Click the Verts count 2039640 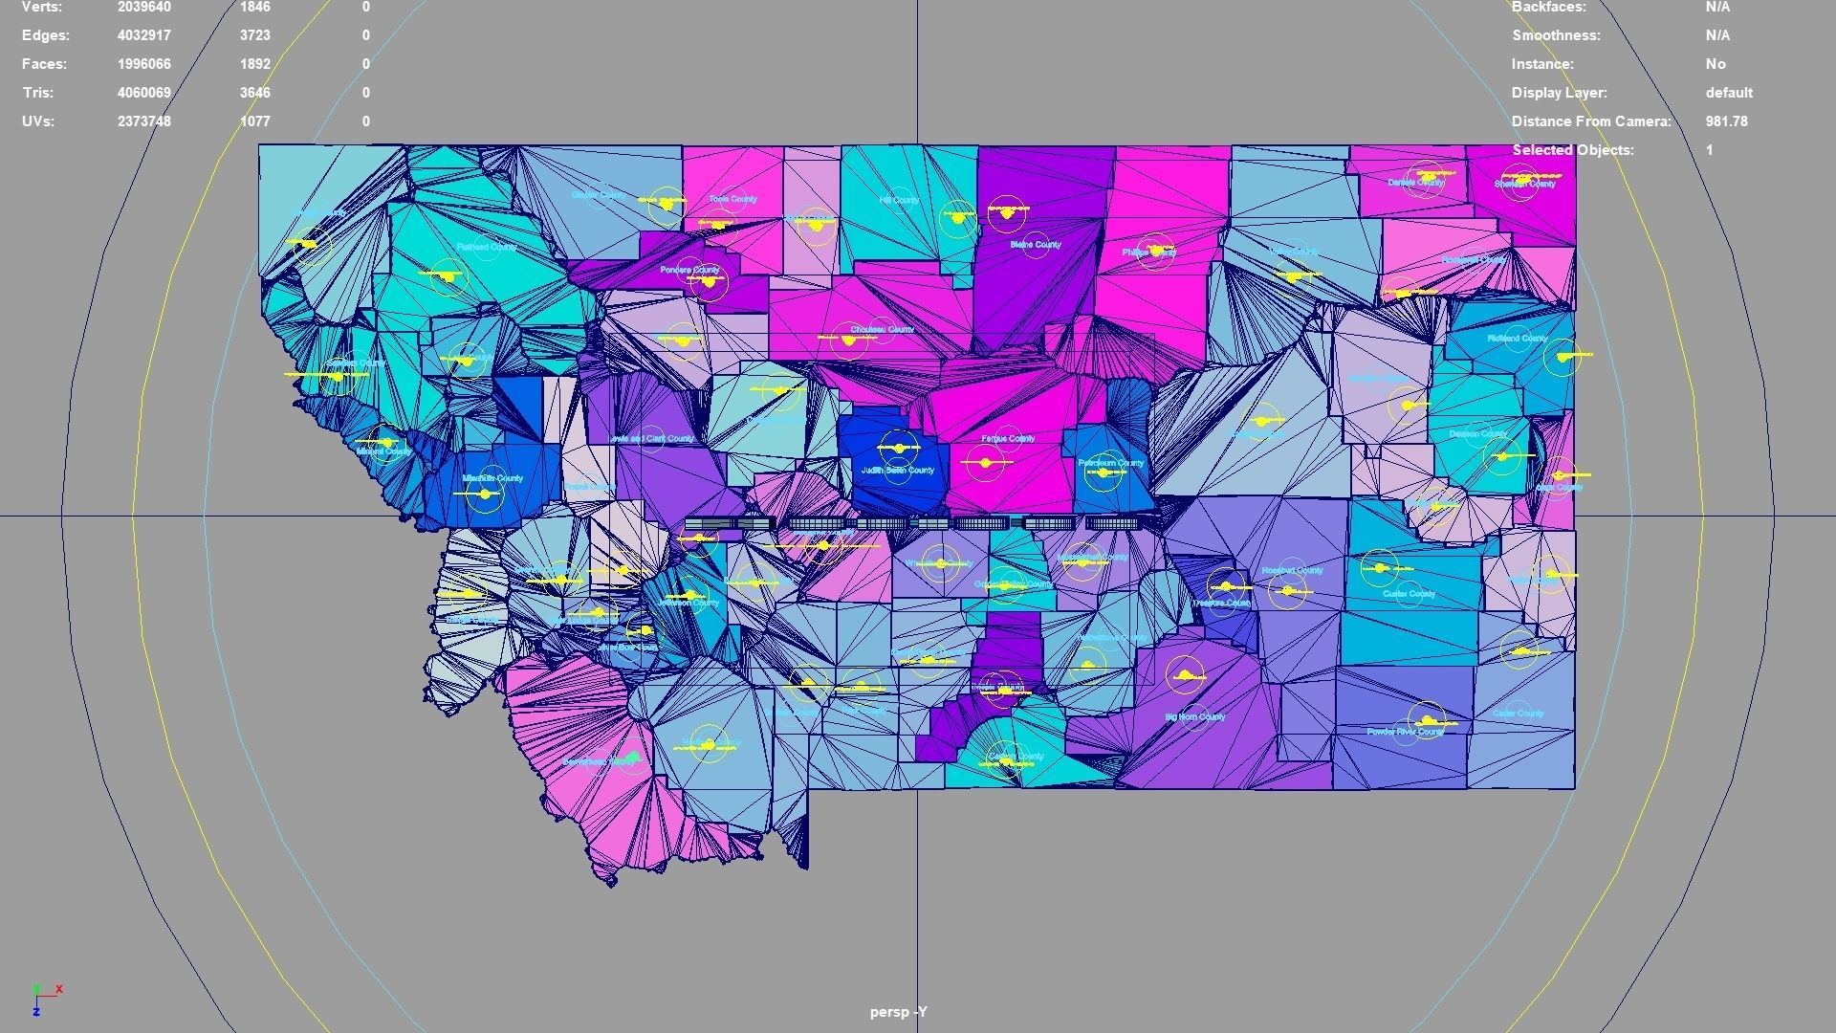coord(144,7)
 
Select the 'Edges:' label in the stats coord(46,35)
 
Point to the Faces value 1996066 coord(144,64)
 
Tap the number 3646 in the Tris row coord(255,93)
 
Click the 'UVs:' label coord(38,121)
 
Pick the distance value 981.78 coord(1726,121)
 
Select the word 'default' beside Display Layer coord(1729,93)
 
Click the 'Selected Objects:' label coord(1573,150)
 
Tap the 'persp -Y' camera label coord(899,1012)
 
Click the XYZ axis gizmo coord(44,998)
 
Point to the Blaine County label coord(1036,245)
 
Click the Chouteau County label coord(882,329)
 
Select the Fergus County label coord(1008,438)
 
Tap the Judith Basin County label coord(898,471)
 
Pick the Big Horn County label coord(1195,716)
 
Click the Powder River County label coord(1405,732)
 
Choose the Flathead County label coord(486,247)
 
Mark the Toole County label coord(733,199)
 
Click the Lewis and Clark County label coord(652,439)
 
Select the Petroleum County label coord(1111,463)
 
